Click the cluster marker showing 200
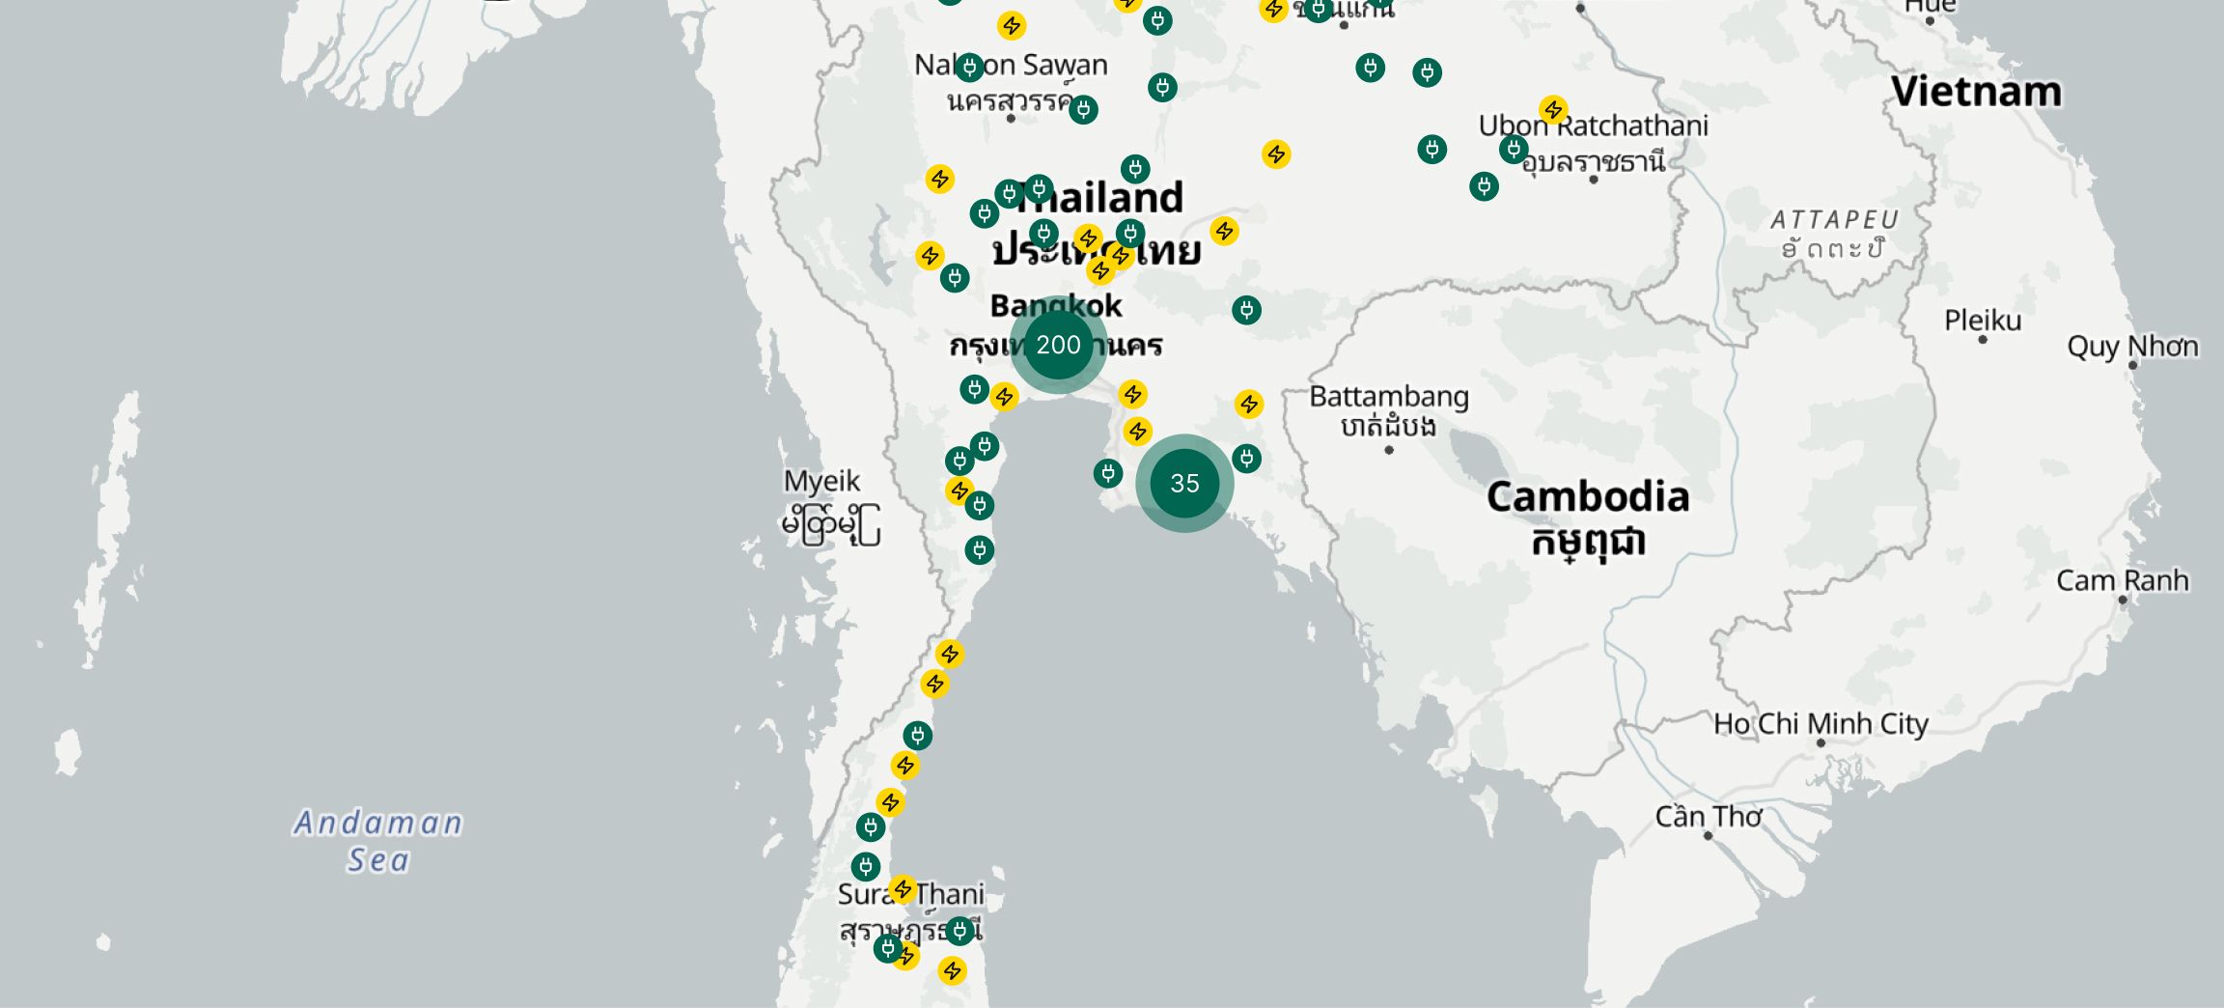(1058, 345)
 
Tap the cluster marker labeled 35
(1184, 483)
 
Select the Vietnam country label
(1976, 92)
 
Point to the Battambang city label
(1389, 397)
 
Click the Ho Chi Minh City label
(1821, 723)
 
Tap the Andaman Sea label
(378, 841)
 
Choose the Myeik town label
(821, 481)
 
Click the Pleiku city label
(1983, 320)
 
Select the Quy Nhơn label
(2132, 346)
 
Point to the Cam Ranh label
(2122, 580)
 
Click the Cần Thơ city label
(1708, 817)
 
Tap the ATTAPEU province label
(1834, 220)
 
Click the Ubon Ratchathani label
(1593, 126)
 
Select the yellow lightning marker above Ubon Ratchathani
(1553, 109)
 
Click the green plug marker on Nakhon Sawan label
(969, 67)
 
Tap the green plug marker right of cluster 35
(1246, 459)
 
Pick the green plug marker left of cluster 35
(1108, 473)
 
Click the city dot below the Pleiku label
(1983, 340)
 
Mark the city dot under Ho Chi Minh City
(1821, 742)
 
